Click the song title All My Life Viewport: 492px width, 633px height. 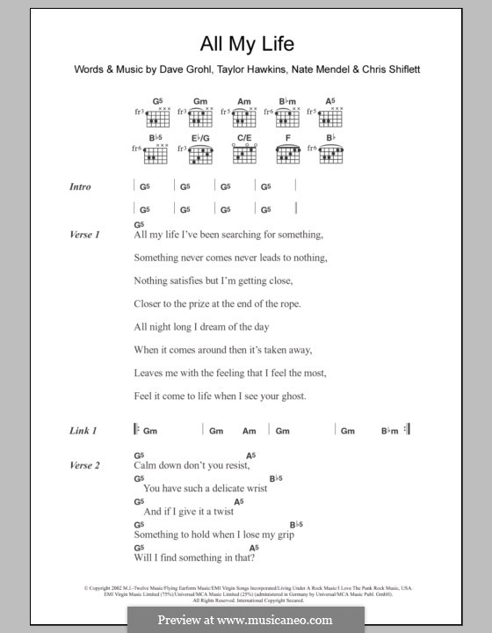coord(245,43)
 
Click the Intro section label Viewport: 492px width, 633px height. coord(80,186)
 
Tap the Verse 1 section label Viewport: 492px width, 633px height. coord(84,235)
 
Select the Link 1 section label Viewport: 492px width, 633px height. coord(83,431)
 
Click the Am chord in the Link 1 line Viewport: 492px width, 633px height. coord(250,431)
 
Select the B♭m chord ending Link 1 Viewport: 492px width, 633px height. coord(391,431)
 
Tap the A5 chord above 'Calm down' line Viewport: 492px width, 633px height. coord(250,455)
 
